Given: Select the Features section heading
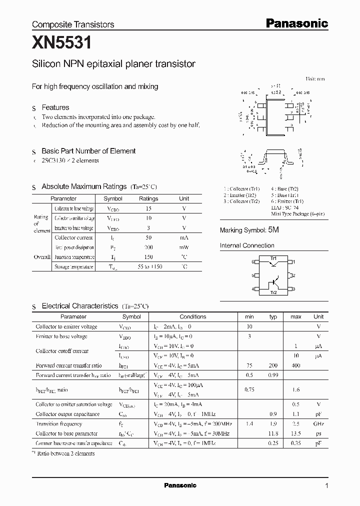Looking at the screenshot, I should pyautogui.click(x=55, y=107).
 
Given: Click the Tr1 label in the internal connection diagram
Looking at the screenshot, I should pyautogui.click(x=273, y=258).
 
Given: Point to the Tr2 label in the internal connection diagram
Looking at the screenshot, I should pyautogui.click(x=273, y=292).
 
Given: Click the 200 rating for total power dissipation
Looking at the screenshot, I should pyautogui.click(x=148, y=247).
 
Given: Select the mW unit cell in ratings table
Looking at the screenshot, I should pyautogui.click(x=184, y=247).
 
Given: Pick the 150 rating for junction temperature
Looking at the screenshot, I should pyautogui.click(x=148, y=257).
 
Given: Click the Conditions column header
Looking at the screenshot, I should pyautogui.click(x=192, y=316).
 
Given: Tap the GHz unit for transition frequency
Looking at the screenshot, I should pyautogui.click(x=318, y=423).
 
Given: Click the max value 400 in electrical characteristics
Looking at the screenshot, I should pyautogui.click(x=295, y=365).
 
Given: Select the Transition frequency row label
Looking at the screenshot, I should pyautogui.click(x=59, y=423).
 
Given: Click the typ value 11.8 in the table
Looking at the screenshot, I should pyautogui.click(x=273, y=433).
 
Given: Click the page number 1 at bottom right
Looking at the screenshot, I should pyautogui.click(x=326, y=485).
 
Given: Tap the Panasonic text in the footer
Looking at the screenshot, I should pyautogui.click(x=180, y=485).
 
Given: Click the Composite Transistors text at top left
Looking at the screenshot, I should pyautogui.click(x=73, y=24).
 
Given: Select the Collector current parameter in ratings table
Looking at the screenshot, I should pyautogui.click(x=73, y=238).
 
